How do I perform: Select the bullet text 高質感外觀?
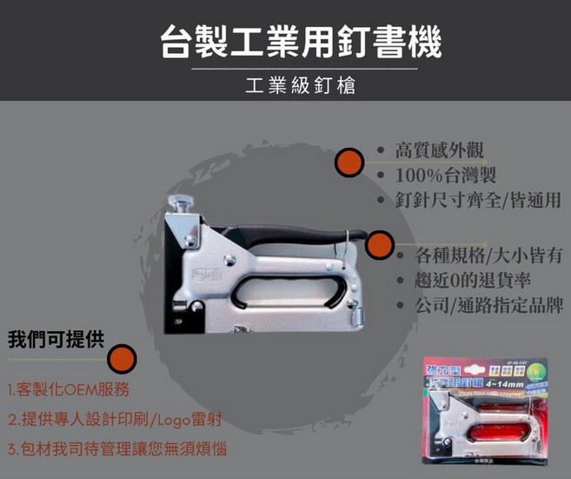[x=439, y=150]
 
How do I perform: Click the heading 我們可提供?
[x=55, y=339]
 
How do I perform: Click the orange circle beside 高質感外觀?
[x=349, y=162]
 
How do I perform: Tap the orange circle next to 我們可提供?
[x=122, y=358]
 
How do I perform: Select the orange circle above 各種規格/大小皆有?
[x=380, y=244]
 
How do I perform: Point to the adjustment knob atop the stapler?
[x=185, y=205]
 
